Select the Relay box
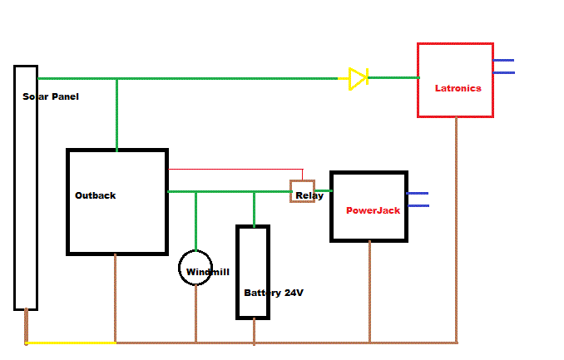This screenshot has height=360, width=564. [302, 192]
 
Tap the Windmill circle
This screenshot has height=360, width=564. [196, 268]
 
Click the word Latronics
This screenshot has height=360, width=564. [458, 88]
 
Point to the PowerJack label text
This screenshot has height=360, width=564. [373, 210]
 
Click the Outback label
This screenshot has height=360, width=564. [96, 195]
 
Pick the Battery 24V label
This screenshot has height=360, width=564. [273, 293]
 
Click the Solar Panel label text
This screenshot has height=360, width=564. [51, 96]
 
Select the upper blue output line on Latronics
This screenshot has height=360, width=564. [503, 61]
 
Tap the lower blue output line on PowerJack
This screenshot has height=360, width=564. [418, 205]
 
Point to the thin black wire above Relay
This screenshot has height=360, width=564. [233, 170]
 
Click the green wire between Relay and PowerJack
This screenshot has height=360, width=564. [323, 191]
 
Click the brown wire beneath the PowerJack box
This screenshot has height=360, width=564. [369, 291]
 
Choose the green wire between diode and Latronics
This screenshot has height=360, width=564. [393, 78]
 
